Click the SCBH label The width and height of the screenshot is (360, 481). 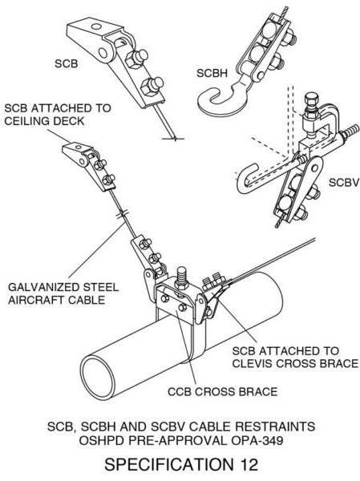[x=212, y=73]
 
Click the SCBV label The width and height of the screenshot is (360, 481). [x=344, y=183]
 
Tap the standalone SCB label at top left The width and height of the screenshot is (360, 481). [x=67, y=63]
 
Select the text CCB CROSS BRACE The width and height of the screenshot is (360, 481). [x=223, y=392]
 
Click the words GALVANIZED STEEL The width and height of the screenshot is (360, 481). [x=63, y=288]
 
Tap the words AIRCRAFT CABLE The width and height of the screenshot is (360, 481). [x=56, y=300]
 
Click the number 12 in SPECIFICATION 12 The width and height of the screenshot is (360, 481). [x=248, y=464]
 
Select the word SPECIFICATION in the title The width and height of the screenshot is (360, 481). [x=169, y=464]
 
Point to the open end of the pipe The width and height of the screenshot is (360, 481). [x=99, y=377]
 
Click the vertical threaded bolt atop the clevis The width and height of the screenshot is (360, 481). [x=182, y=278]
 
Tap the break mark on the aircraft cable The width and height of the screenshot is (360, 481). [x=123, y=214]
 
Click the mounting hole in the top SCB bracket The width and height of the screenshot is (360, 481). [x=96, y=27]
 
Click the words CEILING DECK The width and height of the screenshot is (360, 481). [x=44, y=121]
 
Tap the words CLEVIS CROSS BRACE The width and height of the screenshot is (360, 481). [x=295, y=363]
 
